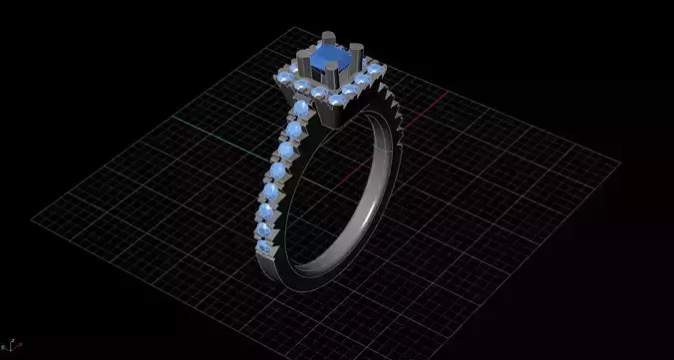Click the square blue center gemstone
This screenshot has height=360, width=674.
click(327, 65)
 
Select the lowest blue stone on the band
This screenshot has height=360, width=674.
click(261, 246)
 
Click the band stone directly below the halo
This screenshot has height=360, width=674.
click(302, 108)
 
